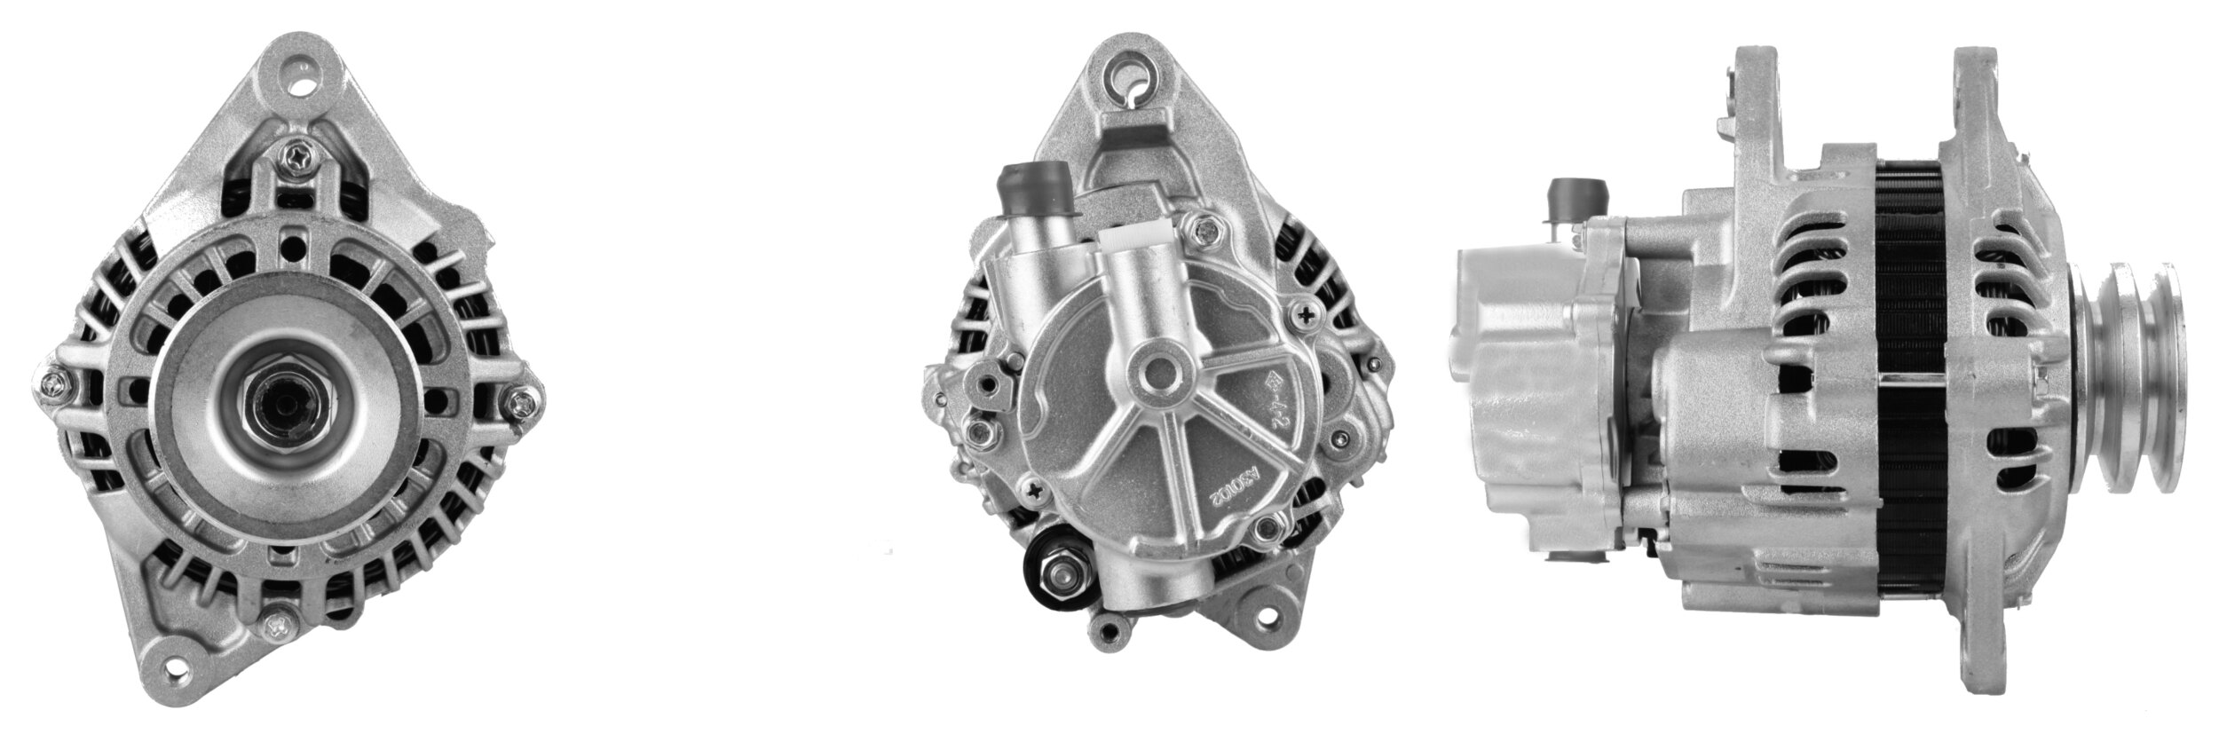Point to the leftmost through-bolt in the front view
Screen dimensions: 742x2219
[52, 384]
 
